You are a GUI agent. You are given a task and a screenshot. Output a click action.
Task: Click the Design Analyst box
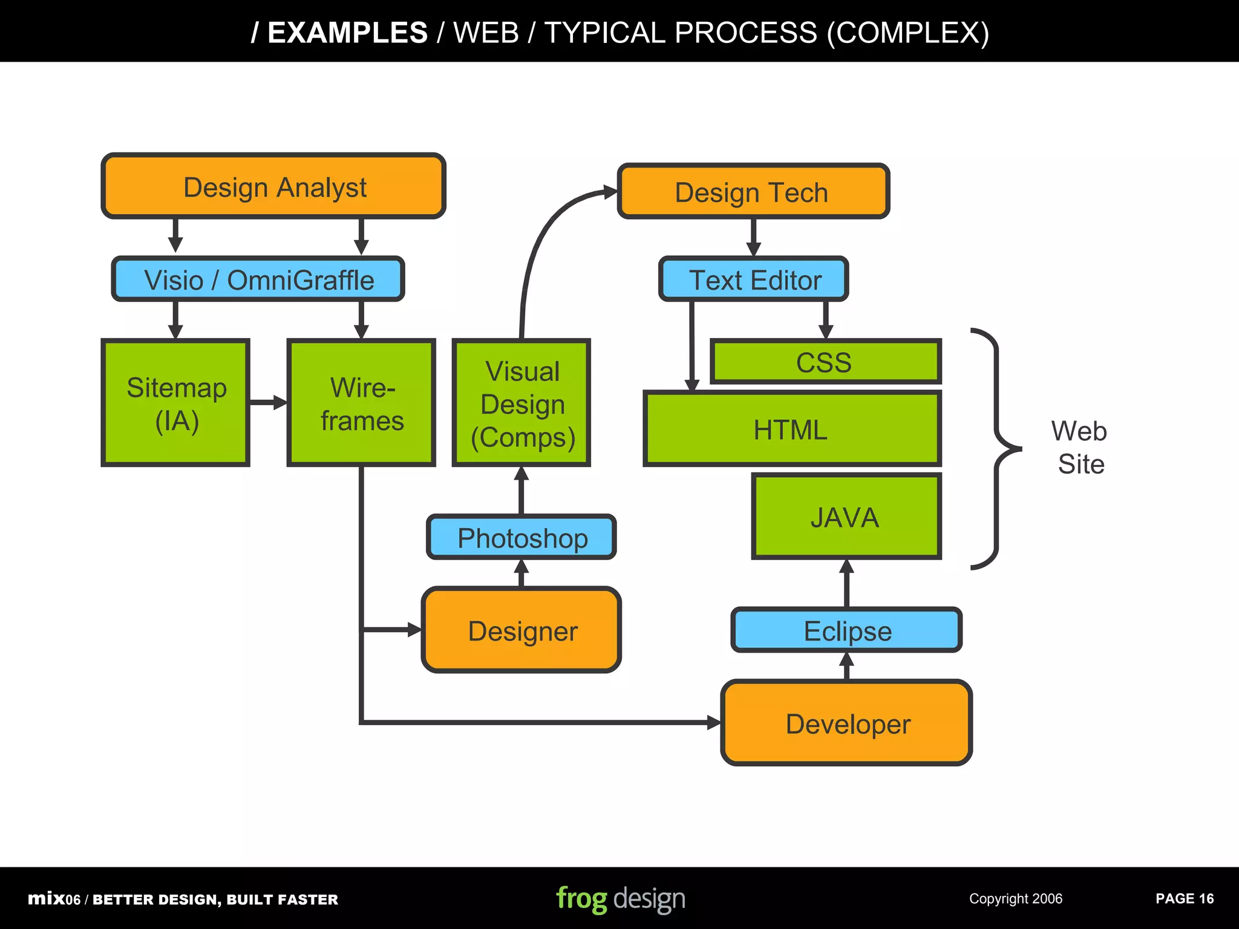(273, 186)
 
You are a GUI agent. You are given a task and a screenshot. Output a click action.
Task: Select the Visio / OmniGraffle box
(258, 279)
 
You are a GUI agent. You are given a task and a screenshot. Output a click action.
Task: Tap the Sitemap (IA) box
(175, 403)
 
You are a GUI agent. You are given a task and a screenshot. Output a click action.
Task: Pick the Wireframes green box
(361, 403)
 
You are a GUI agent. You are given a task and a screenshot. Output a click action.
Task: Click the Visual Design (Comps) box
(521, 403)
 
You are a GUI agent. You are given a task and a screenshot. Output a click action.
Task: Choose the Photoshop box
(521, 538)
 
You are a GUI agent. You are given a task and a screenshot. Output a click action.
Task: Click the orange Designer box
(521, 630)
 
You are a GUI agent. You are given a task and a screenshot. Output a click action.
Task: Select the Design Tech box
(753, 192)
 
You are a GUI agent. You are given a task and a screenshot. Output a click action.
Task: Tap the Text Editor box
(754, 279)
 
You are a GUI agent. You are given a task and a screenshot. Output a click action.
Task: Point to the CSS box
(825, 362)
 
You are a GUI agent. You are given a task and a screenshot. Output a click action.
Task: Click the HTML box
(791, 429)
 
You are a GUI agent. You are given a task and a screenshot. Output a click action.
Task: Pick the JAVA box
(846, 517)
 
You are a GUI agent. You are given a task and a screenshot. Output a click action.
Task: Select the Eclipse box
(846, 630)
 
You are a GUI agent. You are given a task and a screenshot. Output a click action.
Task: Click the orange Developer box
(846, 723)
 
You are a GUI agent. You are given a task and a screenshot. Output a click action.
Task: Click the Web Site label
(1080, 448)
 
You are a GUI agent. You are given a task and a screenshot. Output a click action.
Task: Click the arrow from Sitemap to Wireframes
(267, 403)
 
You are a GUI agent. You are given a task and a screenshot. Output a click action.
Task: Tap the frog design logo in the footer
(620, 898)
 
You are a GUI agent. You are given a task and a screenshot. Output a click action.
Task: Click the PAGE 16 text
(1184, 899)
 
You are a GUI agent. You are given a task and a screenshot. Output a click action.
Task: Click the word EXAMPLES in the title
(347, 33)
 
